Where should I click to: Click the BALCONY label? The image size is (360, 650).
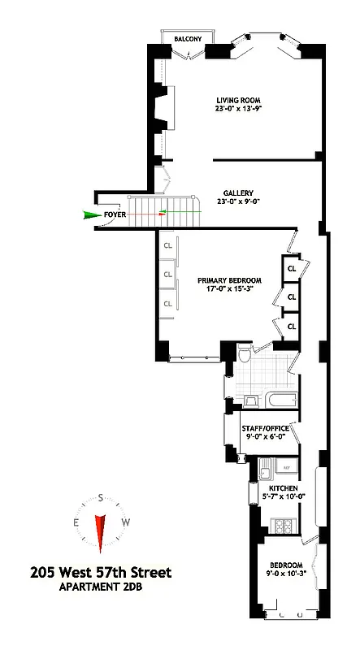[186, 38]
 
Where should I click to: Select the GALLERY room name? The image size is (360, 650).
[238, 192]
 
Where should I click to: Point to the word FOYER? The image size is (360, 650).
[115, 215]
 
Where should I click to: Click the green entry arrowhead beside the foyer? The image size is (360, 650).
[89, 215]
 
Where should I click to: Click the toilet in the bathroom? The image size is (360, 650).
[244, 354]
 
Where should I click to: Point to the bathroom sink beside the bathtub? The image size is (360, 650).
[250, 399]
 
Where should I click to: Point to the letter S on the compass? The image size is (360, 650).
[100, 498]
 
